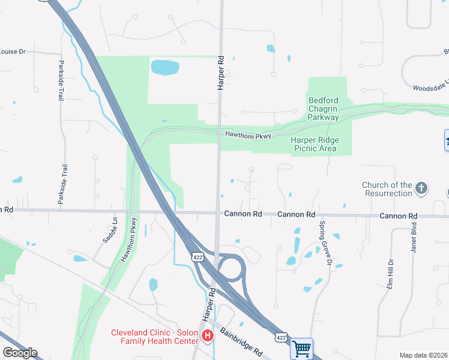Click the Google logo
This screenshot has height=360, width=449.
click(20, 353)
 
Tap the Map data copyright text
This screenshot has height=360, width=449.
click(424, 355)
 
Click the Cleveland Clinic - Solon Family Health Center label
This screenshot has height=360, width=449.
click(155, 337)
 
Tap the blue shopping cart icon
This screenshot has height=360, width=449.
click(301, 348)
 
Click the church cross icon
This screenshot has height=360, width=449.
click(421, 189)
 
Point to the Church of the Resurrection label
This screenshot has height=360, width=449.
click(387, 189)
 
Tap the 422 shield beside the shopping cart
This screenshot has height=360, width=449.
click(280, 338)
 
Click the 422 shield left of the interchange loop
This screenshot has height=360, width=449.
click(197, 257)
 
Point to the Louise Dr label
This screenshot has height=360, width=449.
click(13, 52)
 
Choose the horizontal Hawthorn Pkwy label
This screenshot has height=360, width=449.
click(248, 136)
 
